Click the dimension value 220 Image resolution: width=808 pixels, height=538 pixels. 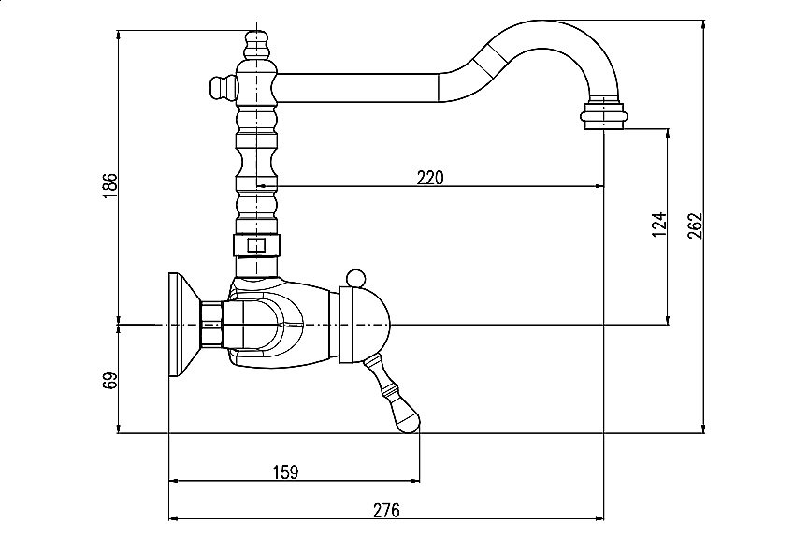click(430, 178)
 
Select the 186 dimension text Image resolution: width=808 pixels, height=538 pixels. click(110, 186)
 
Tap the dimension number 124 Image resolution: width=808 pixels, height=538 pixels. click(659, 225)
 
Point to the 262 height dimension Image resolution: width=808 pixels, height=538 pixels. click(695, 225)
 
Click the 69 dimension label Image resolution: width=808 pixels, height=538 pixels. click(110, 380)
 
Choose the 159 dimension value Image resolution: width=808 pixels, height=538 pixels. click(285, 472)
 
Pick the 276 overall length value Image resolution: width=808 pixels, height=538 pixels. click(386, 510)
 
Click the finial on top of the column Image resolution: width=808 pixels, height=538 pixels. click(256, 45)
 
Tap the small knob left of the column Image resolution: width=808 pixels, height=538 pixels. click(222, 87)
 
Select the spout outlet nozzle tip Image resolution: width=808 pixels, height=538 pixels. click(605, 116)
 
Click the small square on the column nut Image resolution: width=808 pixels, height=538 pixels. click(256, 245)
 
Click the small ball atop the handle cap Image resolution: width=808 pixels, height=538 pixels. click(355, 278)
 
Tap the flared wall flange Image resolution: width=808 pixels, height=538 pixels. click(184, 325)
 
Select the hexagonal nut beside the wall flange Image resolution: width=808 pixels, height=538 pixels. click(211, 325)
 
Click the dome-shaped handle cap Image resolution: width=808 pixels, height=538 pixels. click(365, 325)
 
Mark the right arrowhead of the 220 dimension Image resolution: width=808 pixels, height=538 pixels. click(599, 185)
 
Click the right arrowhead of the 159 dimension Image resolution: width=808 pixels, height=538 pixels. click(414, 481)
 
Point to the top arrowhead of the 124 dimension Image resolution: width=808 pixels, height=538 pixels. click(669, 134)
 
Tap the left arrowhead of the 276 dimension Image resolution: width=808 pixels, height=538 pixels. click(175, 519)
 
